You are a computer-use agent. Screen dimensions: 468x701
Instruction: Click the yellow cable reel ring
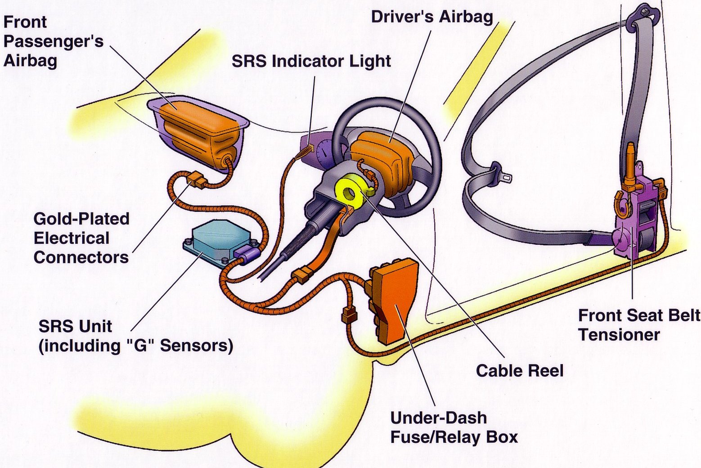[350, 193]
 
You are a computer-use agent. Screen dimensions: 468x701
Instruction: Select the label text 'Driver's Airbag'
[431, 17]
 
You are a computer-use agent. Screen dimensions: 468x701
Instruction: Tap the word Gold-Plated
[81, 219]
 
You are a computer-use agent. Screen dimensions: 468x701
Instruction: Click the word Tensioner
[619, 335]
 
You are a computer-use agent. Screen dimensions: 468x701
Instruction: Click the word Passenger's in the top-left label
[54, 41]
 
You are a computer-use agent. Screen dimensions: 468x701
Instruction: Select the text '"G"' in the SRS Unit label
[140, 346]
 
